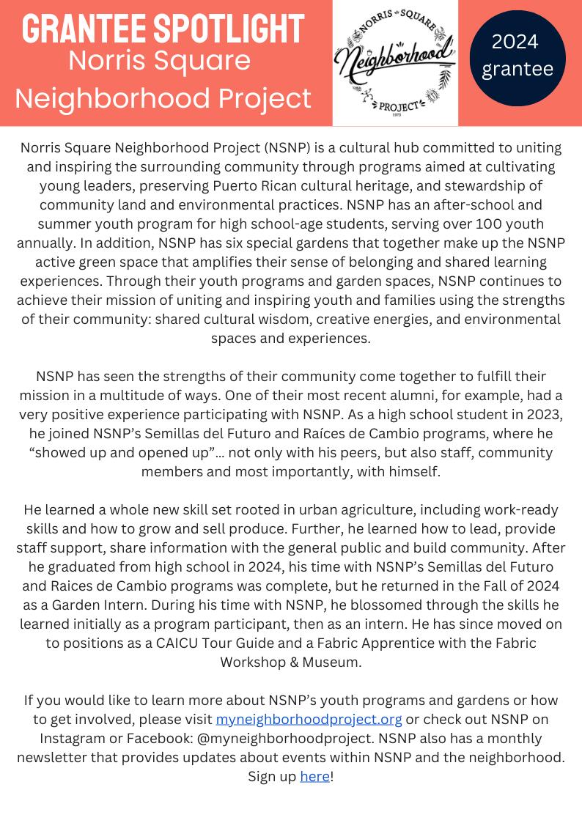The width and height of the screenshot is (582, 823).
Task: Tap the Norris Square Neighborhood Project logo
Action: click(x=395, y=62)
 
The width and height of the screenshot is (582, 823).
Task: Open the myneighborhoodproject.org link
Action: click(x=309, y=719)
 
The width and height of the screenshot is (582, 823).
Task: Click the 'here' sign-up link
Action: click(x=314, y=776)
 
